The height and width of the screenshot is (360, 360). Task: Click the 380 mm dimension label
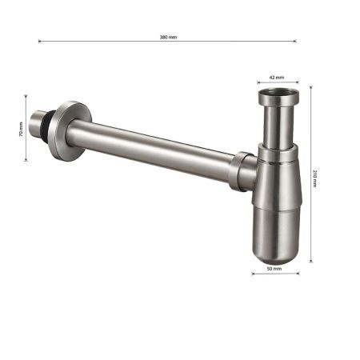pyautogui.click(x=168, y=37)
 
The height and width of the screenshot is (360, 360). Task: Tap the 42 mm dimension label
pyautogui.click(x=277, y=78)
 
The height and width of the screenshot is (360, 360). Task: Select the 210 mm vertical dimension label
pyautogui.click(x=314, y=178)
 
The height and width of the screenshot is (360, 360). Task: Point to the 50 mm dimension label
pyautogui.click(x=274, y=269)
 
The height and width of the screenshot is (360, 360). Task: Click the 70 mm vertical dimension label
pyautogui.click(x=21, y=129)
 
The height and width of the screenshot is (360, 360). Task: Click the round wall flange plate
pyautogui.click(x=70, y=131)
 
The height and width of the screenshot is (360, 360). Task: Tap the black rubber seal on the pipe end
pyautogui.click(x=48, y=124)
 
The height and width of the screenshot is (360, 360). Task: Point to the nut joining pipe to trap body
pyautogui.click(x=241, y=171)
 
